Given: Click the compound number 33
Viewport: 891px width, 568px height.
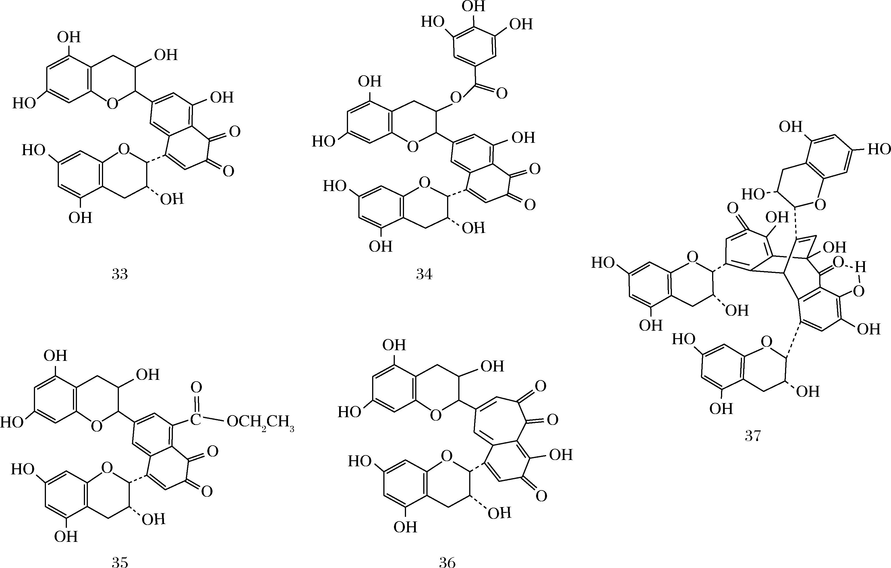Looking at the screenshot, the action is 119,274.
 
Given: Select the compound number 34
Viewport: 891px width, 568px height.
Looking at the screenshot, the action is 424,274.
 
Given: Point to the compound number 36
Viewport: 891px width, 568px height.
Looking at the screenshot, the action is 447,562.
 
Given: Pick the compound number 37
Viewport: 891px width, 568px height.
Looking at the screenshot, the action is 753,436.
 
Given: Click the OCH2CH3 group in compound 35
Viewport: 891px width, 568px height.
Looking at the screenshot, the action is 260,422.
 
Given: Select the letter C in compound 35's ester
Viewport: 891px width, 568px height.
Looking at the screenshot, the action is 196,419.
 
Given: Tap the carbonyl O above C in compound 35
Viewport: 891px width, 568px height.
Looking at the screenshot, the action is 196,388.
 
